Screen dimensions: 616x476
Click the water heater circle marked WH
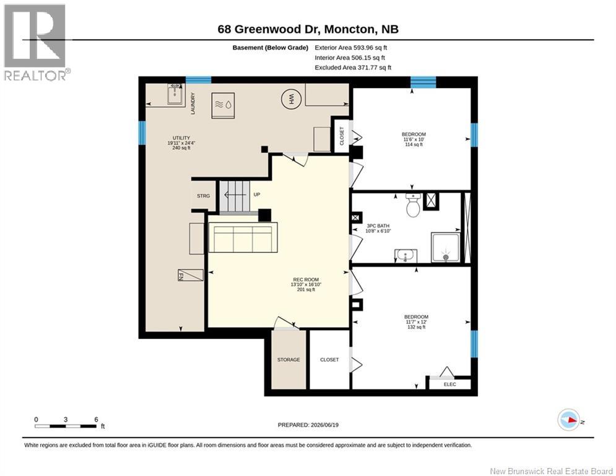tap(291, 99)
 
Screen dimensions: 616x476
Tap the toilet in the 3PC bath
tap(413, 205)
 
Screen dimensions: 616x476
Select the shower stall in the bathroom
tap(446, 247)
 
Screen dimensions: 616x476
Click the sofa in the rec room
tap(243, 237)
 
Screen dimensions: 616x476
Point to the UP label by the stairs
tap(256, 195)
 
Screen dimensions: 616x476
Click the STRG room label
tap(204, 195)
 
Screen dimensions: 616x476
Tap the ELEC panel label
tap(450, 384)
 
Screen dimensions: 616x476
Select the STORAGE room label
tap(288, 359)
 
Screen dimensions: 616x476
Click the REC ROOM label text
tap(306, 280)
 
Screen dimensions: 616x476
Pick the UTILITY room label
tap(181, 138)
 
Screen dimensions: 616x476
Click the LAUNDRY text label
tap(193, 104)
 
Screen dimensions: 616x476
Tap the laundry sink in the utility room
tap(176, 94)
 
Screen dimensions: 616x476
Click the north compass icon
tap(569, 420)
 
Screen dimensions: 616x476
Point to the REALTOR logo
tap(36, 42)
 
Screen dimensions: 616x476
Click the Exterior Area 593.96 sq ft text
tap(351, 48)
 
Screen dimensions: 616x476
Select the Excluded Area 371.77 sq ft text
tap(353, 68)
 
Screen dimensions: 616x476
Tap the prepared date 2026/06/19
tap(324, 425)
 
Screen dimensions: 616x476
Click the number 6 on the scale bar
tap(96, 420)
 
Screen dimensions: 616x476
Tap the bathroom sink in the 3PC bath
tap(406, 256)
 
